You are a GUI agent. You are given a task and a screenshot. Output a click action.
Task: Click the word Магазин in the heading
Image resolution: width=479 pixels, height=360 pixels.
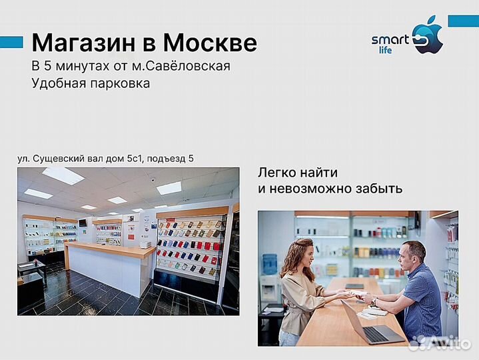point(84,43)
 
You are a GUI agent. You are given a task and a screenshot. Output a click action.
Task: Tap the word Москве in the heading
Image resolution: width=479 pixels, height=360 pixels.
point(210,43)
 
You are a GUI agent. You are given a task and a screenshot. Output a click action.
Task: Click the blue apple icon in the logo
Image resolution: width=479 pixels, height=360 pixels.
point(428,37)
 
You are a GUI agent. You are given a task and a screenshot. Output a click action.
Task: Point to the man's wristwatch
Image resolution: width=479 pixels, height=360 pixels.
point(374,301)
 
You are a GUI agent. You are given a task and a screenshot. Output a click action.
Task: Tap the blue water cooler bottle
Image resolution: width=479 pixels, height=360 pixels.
point(269,264)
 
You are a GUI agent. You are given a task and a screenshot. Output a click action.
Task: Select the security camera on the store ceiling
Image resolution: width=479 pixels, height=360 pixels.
point(153,180)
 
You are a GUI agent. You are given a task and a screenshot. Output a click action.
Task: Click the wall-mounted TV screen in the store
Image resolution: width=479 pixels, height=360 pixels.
point(83,222)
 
